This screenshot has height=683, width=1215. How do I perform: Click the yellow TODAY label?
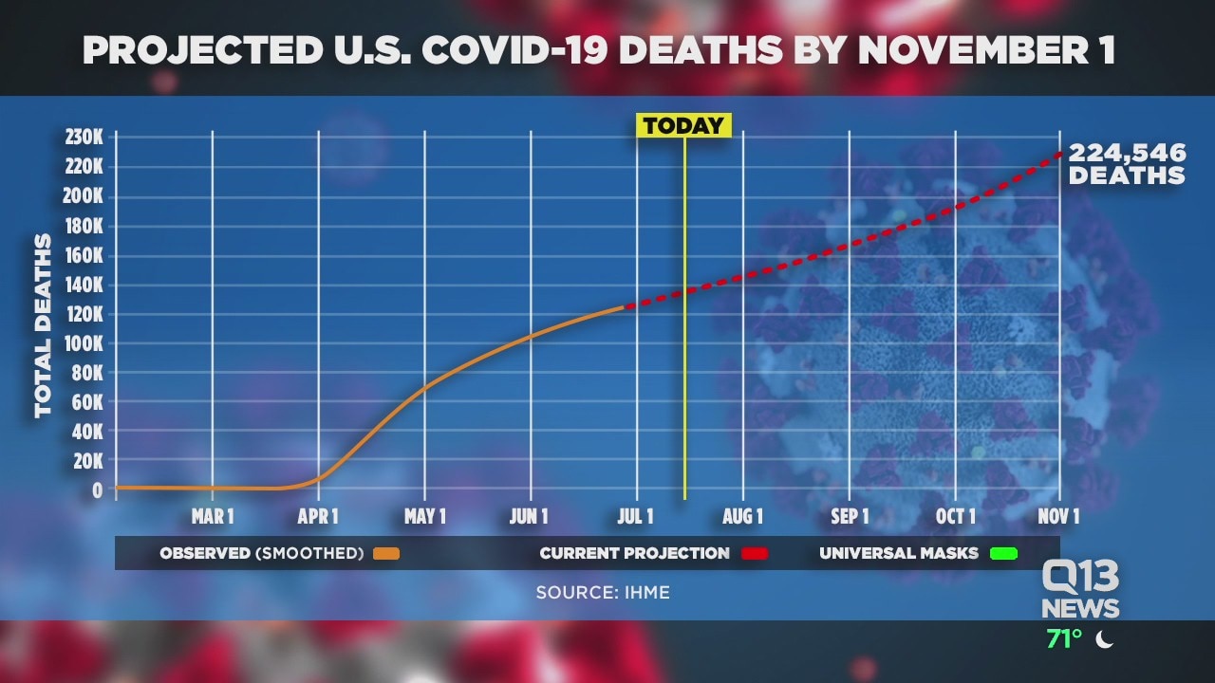[x=683, y=125]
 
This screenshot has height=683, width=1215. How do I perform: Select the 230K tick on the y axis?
[x=84, y=138]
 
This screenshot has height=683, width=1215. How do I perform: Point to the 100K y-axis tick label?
[x=84, y=342]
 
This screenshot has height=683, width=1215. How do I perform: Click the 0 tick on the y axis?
[x=97, y=489]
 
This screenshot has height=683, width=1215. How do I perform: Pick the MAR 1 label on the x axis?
[x=213, y=516]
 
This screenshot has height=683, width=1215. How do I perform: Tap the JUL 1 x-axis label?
[x=635, y=516]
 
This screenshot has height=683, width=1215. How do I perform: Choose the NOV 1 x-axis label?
[x=1058, y=516]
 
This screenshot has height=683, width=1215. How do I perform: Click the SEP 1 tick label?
[x=850, y=516]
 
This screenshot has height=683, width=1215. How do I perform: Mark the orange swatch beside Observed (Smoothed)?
[x=386, y=553]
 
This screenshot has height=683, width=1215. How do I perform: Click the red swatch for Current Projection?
[x=754, y=553]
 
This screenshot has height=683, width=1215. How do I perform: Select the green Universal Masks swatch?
[x=1002, y=553]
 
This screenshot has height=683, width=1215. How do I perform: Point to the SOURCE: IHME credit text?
[x=603, y=592]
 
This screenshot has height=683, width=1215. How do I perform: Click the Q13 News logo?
[x=1080, y=588]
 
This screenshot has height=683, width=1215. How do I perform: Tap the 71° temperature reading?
[x=1064, y=639]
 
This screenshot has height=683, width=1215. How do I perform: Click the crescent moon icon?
[x=1104, y=639]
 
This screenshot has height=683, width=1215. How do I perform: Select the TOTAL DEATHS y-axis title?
[x=44, y=325]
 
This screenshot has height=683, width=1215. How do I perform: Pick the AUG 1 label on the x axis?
[x=742, y=516]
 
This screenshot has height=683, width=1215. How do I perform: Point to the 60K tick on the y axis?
[x=87, y=401]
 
